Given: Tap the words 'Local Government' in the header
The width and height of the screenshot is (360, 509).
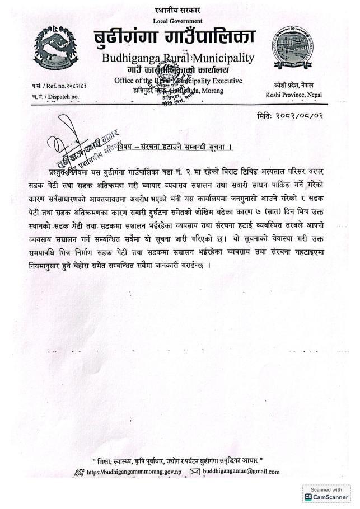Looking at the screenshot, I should (x=177, y=21).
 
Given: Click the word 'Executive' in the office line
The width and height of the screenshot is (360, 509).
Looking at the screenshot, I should (x=225, y=81).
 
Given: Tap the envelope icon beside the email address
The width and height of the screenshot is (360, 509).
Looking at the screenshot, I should (x=194, y=472).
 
